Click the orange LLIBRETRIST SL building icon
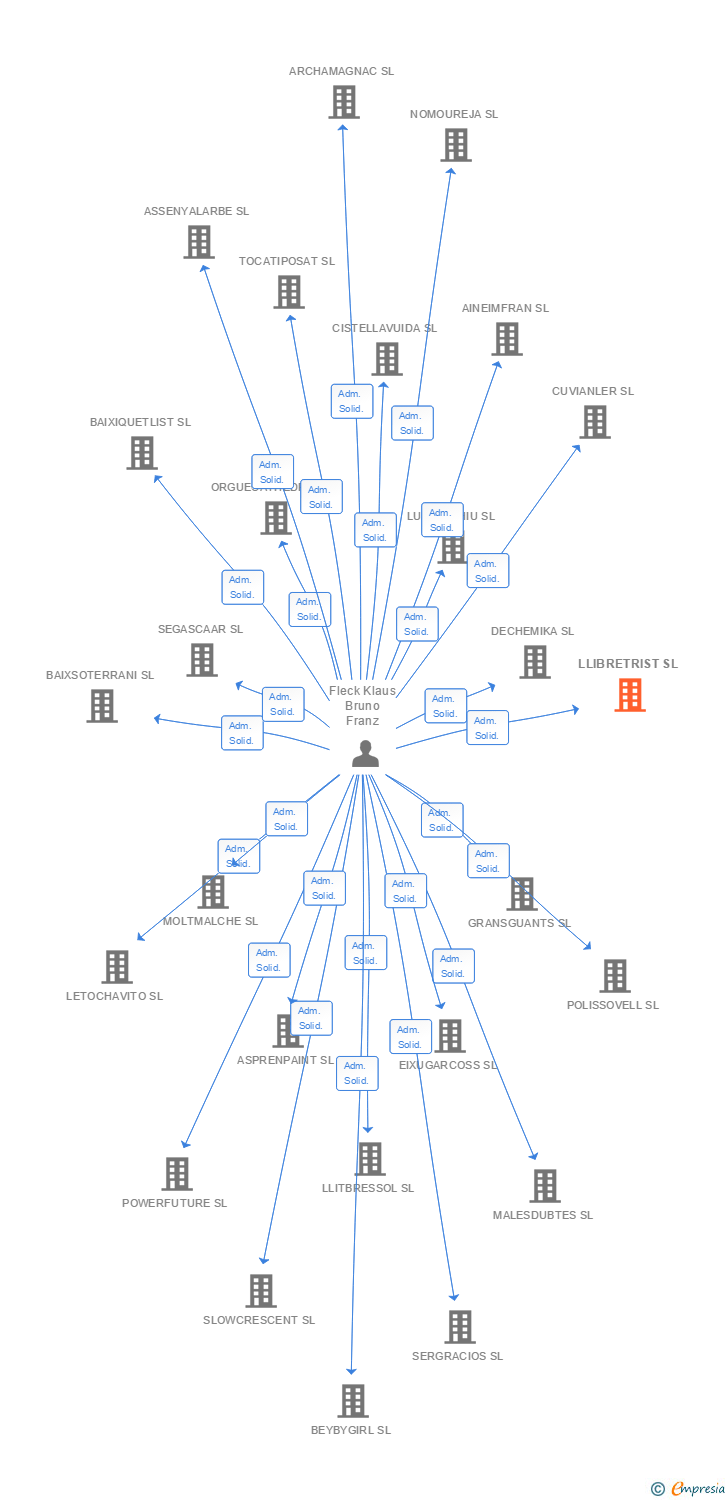tap(629, 694)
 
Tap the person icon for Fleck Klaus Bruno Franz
tap(365, 754)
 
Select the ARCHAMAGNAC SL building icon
tap(343, 102)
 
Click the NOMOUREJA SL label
tap(453, 114)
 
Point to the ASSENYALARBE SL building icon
tap(198, 242)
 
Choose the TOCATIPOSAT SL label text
tap(286, 261)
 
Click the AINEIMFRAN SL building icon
tap(506, 339)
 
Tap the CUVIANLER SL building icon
tap(594, 422)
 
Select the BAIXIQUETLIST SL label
tap(140, 422)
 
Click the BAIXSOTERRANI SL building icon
tap(101, 706)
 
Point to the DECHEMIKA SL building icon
tap(534, 662)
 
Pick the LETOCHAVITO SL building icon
tap(116, 967)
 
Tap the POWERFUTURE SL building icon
tap(176, 1174)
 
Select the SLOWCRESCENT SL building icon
tap(260, 1291)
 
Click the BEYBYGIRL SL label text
tap(350, 1430)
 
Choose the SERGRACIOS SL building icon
tap(458, 1327)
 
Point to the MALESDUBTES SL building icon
tap(543, 1186)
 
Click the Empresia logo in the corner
tap(688, 1489)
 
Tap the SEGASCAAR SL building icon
tap(201, 660)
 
